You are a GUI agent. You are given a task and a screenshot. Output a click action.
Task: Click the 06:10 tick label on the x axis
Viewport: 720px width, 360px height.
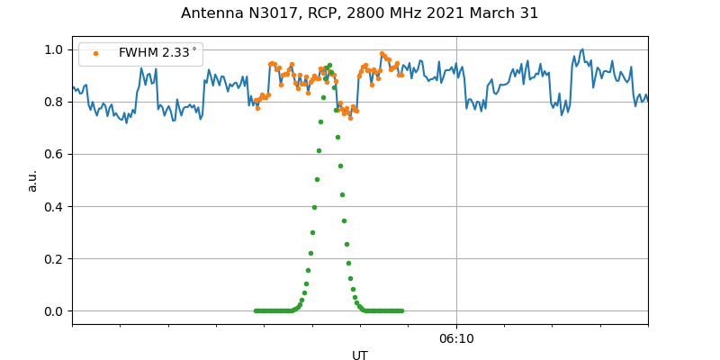pyautogui.click(x=456, y=339)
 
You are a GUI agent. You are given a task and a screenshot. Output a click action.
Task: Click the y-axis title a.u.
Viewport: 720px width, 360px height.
pyautogui.click(x=32, y=180)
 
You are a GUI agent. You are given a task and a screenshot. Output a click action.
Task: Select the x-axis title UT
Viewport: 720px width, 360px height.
pyautogui.click(x=360, y=355)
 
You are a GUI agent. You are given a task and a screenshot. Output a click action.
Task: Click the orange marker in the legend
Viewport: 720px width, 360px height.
pyautogui.click(x=95, y=53)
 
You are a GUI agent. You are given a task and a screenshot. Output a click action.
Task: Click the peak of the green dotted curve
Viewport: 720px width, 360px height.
pyautogui.click(x=329, y=65)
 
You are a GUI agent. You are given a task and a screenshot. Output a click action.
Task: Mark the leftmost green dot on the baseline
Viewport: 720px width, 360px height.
pyautogui.click(x=256, y=310)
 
